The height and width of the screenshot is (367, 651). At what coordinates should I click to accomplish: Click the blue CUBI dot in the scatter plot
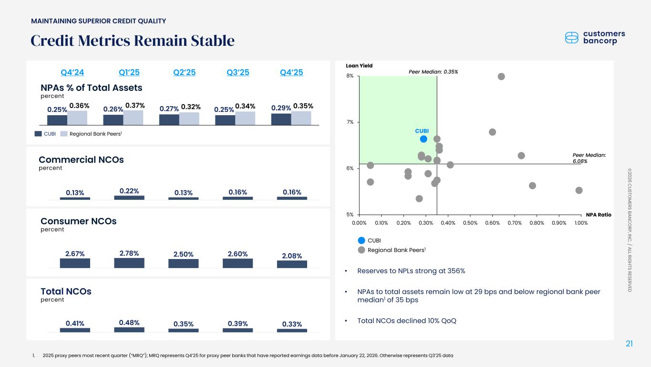tap(423, 139)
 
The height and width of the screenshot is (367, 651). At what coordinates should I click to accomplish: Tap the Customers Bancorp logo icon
tap(571, 37)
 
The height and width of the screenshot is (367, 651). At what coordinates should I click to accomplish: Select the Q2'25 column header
tap(184, 73)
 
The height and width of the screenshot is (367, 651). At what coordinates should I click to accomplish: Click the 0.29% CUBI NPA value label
tap(281, 109)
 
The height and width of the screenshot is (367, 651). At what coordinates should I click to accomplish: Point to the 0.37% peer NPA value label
tap(134, 105)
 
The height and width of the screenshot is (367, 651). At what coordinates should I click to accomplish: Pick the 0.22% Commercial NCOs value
tap(129, 191)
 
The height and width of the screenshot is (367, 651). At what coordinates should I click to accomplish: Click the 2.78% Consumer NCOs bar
tap(129, 262)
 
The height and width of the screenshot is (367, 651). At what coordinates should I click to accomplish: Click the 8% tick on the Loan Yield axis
tap(350, 76)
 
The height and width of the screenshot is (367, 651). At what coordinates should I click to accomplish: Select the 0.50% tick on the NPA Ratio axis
tap(470, 223)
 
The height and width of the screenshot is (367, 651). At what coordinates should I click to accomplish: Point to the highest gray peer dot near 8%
tap(501, 76)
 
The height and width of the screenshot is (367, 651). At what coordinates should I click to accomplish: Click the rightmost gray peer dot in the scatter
tap(579, 190)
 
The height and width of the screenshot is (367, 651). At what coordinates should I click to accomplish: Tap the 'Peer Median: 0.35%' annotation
tap(434, 72)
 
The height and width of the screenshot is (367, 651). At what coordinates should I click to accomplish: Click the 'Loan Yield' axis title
tap(359, 65)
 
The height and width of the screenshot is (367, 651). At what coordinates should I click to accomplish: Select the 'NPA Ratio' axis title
tap(599, 215)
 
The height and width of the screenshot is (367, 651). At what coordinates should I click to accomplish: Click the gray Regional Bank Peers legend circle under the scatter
tap(362, 250)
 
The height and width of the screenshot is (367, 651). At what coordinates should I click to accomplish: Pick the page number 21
tap(629, 344)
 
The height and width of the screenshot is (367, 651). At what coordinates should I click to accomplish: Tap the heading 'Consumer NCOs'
tap(79, 221)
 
